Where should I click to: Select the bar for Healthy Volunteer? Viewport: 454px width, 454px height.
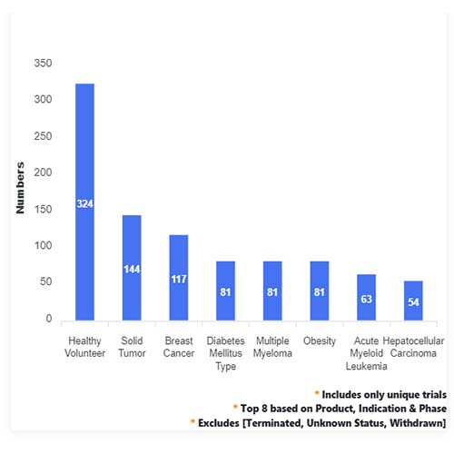click(x=84, y=202)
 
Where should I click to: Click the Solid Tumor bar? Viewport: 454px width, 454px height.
click(x=132, y=268)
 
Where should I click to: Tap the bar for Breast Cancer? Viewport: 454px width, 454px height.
click(x=179, y=278)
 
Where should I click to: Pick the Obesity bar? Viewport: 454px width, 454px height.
click(x=320, y=291)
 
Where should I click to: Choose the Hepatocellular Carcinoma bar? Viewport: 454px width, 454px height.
click(x=413, y=301)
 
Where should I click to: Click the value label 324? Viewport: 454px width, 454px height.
click(x=84, y=203)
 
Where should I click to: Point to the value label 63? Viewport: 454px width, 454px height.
click(x=366, y=299)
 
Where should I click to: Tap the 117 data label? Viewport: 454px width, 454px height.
click(x=179, y=279)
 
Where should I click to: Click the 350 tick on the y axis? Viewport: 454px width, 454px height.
click(x=43, y=63)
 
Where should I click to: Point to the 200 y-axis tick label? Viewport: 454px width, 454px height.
click(x=43, y=173)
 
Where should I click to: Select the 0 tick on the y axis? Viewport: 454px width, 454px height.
click(x=49, y=319)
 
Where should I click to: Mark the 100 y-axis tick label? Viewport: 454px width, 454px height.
click(x=43, y=245)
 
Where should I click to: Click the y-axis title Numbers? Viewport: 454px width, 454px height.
click(x=20, y=188)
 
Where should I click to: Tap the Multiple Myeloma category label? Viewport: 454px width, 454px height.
click(x=272, y=347)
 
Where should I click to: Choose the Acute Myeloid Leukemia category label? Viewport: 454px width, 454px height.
click(x=366, y=353)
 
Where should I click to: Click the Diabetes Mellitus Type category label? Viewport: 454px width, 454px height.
click(x=225, y=353)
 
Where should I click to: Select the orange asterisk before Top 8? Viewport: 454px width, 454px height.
click(x=235, y=407)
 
